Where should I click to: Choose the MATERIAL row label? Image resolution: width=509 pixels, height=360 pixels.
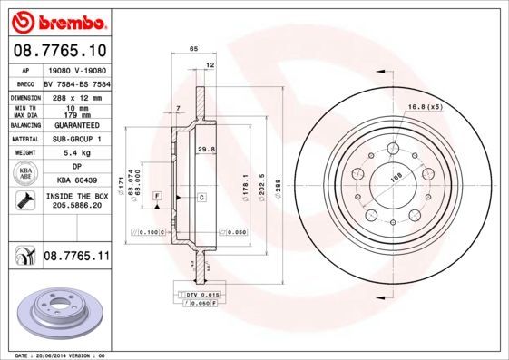24,140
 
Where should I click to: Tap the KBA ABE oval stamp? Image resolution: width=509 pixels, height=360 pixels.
25,173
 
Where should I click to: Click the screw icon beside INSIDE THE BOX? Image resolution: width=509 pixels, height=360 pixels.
24,200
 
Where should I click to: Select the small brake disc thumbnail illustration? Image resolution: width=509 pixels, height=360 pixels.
55,310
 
